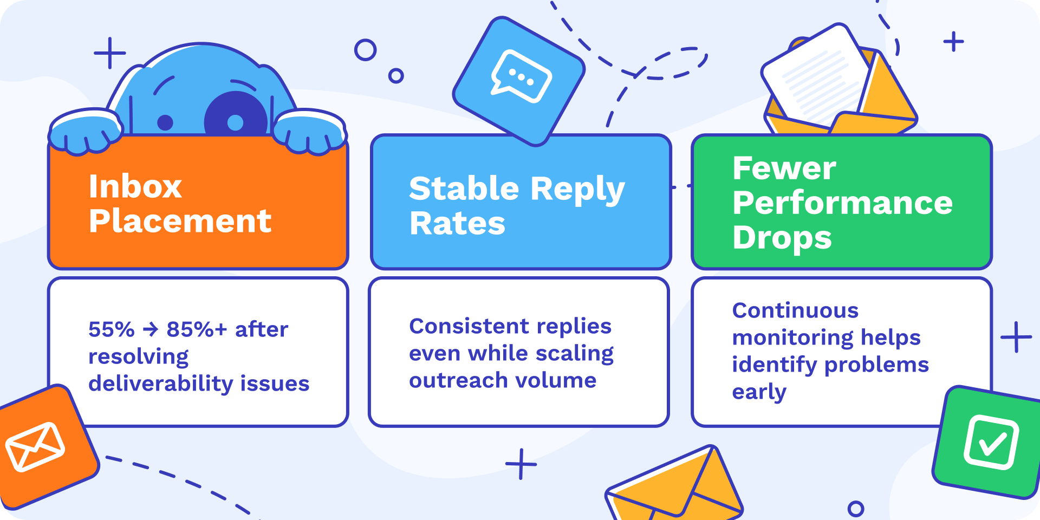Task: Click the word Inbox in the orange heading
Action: point(135,186)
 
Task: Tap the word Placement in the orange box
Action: point(180,221)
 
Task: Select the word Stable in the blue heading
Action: point(464,188)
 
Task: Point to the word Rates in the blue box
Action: point(457,224)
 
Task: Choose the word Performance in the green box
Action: point(842,204)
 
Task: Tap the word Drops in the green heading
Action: point(782,238)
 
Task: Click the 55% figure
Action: point(112,329)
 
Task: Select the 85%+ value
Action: point(197,329)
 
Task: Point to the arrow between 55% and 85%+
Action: point(151,329)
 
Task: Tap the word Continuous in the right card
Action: point(795,310)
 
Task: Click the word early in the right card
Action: point(759,392)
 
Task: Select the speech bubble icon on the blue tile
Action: point(521,76)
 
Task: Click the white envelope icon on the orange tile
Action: point(35,446)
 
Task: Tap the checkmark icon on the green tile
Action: point(991,442)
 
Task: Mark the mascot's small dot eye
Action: point(165,123)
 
